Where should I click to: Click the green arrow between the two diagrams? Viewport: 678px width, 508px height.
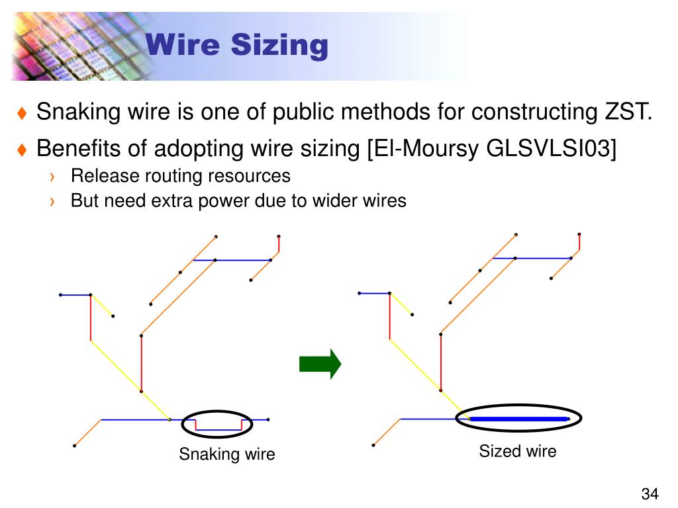click(x=319, y=364)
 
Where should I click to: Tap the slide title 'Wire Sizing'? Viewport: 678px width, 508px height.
click(x=236, y=46)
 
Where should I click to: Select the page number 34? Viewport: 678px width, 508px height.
click(x=650, y=494)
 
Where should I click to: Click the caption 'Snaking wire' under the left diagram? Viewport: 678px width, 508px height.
click(x=226, y=454)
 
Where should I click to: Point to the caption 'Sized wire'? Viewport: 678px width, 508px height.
click(x=518, y=452)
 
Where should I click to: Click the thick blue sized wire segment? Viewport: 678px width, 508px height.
click(x=519, y=419)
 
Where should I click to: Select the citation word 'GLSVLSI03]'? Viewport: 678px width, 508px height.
click(x=552, y=149)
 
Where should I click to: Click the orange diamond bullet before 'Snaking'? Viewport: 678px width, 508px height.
click(x=22, y=114)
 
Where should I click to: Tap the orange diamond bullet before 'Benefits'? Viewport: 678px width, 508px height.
click(x=22, y=150)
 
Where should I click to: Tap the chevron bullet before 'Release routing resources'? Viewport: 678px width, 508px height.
click(x=52, y=177)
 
